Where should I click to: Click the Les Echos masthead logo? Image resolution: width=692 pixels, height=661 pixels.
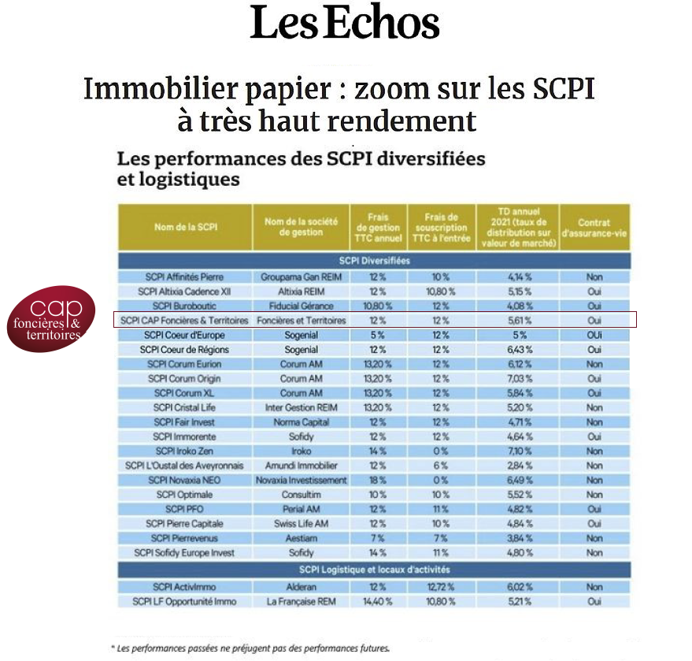pos(345,22)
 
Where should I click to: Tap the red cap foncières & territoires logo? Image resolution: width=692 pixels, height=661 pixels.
pos(51,319)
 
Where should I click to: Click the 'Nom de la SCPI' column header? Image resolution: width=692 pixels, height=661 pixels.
pos(186,227)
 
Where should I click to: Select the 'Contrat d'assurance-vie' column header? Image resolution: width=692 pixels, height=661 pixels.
pos(594,228)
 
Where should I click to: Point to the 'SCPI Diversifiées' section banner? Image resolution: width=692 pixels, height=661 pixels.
pos(374,261)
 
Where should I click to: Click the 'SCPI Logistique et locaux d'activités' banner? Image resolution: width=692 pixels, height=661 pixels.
pos(374,570)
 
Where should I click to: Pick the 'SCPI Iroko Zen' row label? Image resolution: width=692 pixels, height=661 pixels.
pos(184,451)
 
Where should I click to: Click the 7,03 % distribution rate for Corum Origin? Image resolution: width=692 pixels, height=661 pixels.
pos(520,379)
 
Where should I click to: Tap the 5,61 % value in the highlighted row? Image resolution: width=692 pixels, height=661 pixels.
pos(520,321)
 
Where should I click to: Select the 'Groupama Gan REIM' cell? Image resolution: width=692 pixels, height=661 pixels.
pos(301,277)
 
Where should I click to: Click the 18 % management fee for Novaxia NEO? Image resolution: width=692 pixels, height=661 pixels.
pos(378,481)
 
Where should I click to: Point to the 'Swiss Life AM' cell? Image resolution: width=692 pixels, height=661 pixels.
pos(301,524)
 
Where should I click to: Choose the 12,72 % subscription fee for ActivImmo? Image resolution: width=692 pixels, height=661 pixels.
pos(440,587)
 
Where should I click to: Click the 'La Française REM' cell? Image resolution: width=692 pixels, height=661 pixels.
pos(301,602)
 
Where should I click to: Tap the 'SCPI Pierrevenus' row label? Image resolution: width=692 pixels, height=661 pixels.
pos(184,538)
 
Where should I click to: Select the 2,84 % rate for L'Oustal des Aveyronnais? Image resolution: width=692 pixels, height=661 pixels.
pos(520,466)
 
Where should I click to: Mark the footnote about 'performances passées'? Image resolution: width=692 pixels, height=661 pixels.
pos(250,648)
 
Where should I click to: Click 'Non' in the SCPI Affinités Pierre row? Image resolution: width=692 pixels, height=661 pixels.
pos(594,277)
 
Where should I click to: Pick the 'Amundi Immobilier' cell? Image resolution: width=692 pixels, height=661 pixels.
pos(301,466)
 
